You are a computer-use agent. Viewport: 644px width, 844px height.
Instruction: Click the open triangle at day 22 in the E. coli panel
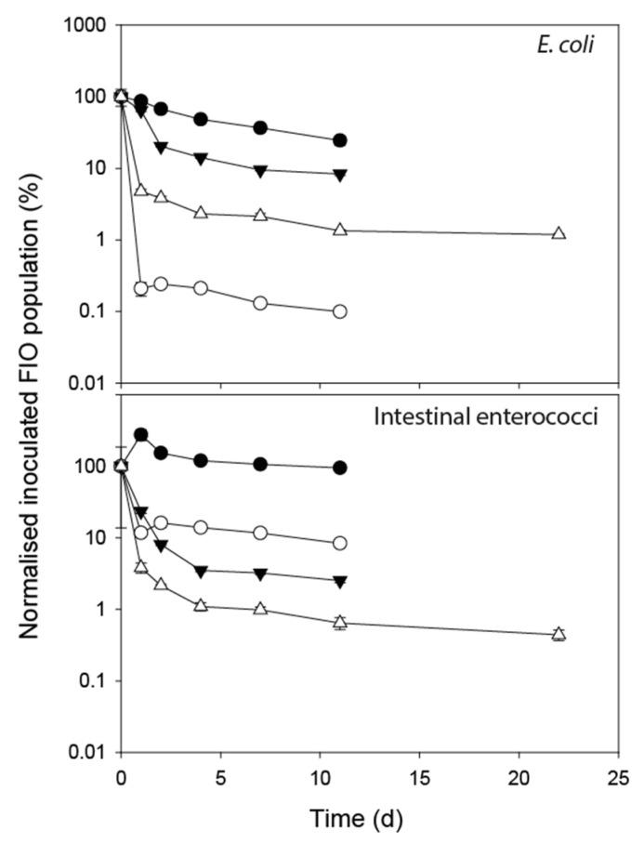tap(559, 233)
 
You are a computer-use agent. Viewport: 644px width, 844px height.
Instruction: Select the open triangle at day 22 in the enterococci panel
tap(559, 634)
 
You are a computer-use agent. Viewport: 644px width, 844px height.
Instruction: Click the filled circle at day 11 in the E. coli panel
tap(340, 140)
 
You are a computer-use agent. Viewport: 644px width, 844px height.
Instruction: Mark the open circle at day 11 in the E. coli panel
tap(340, 311)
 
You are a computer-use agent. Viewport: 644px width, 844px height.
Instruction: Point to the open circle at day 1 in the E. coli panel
tap(141, 288)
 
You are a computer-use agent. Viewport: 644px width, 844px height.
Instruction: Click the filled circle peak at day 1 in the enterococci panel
tap(141, 434)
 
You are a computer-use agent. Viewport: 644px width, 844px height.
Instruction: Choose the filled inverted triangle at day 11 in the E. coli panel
tap(340, 174)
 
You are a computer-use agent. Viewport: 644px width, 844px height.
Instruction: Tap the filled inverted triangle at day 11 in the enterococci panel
tap(340, 581)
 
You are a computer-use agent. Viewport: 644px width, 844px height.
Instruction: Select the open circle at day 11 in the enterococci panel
tap(340, 543)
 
